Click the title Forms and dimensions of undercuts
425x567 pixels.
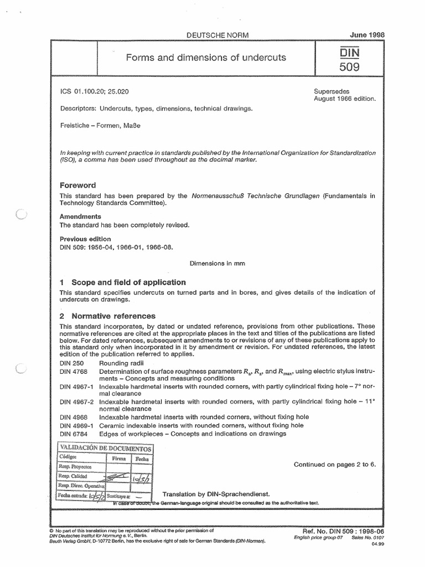[x=207, y=57]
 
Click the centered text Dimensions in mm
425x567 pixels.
[x=217, y=264]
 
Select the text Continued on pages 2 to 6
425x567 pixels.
[x=335, y=464]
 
